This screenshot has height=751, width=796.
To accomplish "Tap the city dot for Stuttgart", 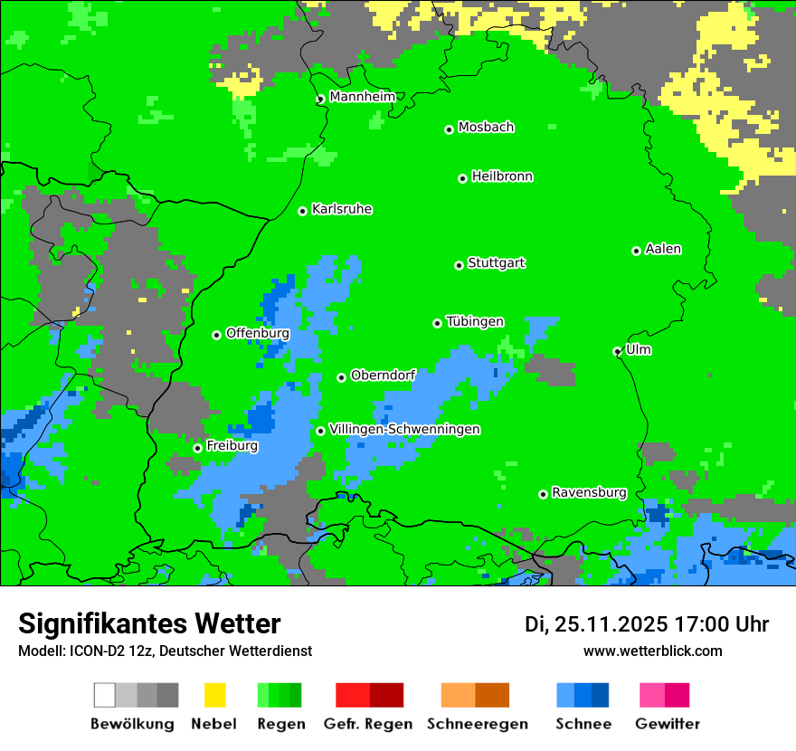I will (459, 265).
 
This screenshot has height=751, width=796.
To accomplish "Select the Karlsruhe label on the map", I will (341, 209).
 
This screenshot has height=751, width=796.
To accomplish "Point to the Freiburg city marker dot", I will (197, 448).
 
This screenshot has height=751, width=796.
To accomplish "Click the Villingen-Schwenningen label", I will (404, 429).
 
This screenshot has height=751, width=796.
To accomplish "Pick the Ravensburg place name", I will (589, 492).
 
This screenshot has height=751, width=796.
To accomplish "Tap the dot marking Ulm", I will (618, 351).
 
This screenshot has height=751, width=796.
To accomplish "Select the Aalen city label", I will (663, 249).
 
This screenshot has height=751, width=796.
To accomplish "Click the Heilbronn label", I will (502, 176).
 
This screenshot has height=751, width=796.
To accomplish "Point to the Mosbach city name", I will (486, 128).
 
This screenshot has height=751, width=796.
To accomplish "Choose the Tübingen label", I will (475, 321).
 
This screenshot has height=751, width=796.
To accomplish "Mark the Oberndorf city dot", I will (341, 377).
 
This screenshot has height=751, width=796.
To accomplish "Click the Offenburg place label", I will (257, 333).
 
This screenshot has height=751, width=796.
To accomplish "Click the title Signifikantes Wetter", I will (149, 623).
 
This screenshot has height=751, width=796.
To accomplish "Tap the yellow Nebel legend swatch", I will (214, 695).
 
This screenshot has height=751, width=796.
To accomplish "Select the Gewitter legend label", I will (668, 724).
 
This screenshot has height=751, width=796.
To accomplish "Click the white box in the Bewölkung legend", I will (105, 695).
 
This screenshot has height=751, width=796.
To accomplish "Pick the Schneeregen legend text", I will (477, 724).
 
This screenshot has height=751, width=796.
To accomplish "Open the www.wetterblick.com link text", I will (652, 651).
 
